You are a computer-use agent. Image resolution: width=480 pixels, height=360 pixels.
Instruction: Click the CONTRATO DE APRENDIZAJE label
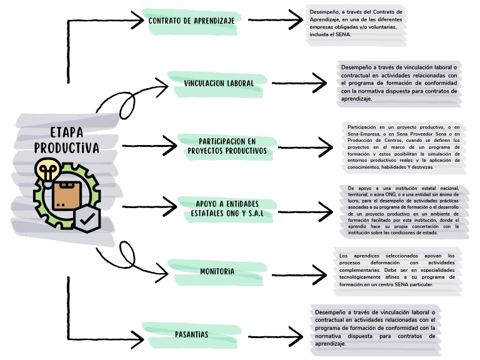pos(191,21)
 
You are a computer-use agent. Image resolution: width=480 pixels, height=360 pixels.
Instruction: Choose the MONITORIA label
pos(217,271)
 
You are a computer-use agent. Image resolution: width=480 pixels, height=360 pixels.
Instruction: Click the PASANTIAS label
pos(191,334)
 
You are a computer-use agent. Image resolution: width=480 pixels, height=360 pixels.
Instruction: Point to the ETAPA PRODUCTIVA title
pos(66,141)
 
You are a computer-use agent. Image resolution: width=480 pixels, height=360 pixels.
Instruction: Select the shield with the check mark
pos(87,219)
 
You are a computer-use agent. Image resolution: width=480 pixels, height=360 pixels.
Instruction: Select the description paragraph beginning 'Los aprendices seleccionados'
pos(397,270)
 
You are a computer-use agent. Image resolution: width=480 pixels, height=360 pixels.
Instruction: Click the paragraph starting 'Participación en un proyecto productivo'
pos(404,147)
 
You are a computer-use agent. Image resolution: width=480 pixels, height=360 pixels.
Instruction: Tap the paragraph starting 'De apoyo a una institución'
pos(403,209)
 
